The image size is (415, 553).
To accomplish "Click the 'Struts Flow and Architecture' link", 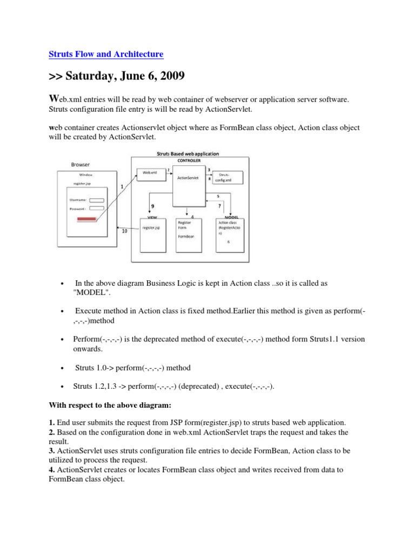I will pyautogui.click(x=106, y=54).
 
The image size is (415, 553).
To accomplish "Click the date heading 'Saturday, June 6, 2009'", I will pyautogui.click(x=117, y=76).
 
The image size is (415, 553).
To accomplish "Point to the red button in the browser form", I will pyautogui.click(x=88, y=219).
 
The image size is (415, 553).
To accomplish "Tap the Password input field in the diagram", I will pyautogui.click(x=96, y=207).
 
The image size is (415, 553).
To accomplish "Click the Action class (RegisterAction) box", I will pyautogui.click(x=230, y=233).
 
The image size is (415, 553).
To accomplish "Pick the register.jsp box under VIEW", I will pyautogui.click(x=152, y=233).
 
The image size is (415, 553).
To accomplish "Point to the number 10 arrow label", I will pyautogui.click(x=125, y=232).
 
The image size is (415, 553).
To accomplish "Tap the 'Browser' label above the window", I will pyautogui.click(x=81, y=164).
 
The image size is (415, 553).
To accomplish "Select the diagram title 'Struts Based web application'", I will pyautogui.click(x=188, y=154).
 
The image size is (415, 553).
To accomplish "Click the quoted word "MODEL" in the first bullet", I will pyautogui.click(x=90, y=292).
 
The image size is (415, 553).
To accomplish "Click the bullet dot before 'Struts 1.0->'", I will pyautogui.click(x=64, y=368).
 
